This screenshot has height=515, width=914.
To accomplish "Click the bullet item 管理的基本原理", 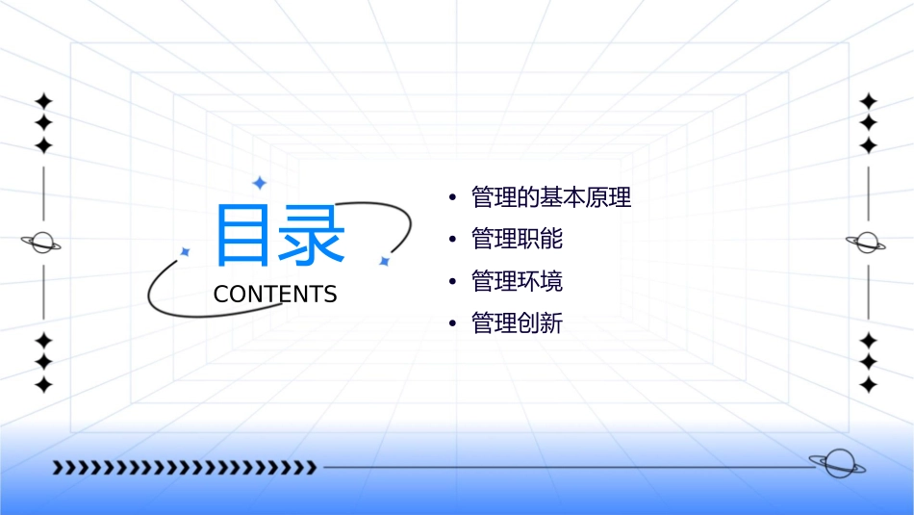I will (551, 198).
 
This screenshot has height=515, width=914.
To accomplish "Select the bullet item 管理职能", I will (517, 240).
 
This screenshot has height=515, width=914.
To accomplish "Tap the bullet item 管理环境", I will (517, 282).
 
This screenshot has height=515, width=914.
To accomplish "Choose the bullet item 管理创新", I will (517, 323).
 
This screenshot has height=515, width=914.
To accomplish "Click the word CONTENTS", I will (275, 295).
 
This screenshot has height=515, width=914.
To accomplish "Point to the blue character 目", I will (241, 235).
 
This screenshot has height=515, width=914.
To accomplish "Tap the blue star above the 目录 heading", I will (259, 183).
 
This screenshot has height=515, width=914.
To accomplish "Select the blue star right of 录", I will (384, 261).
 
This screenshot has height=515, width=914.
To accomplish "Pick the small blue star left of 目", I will (185, 251).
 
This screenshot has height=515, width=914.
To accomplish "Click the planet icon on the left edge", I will (41, 243).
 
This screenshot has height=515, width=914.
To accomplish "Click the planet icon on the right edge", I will (866, 243).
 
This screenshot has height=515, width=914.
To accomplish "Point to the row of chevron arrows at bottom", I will (184, 468).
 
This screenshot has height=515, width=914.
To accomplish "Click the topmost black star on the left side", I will (43, 101).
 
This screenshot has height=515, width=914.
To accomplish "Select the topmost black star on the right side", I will (868, 101).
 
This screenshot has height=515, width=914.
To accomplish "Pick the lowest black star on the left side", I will (43, 385).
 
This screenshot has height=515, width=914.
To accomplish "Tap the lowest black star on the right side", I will (868, 385).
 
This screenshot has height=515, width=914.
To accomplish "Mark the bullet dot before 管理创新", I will (452, 324).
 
